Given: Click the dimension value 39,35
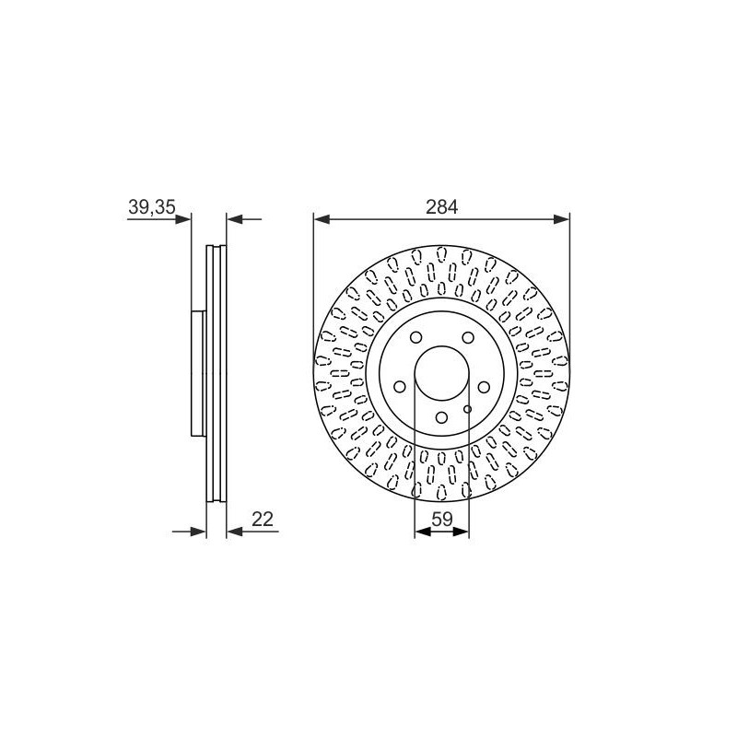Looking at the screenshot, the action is click(x=151, y=206).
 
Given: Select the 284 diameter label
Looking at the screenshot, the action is click(x=441, y=206).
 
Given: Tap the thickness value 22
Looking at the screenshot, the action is click(x=263, y=519).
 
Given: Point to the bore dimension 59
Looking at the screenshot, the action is click(x=442, y=519).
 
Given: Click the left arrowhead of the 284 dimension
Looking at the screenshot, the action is click(x=322, y=219).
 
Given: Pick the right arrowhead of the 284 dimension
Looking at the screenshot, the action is click(x=561, y=219).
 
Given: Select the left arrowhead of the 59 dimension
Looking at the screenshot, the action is click(x=423, y=532).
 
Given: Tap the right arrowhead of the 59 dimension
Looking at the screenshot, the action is click(x=462, y=532).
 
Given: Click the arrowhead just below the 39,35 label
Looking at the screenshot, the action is click(x=183, y=219).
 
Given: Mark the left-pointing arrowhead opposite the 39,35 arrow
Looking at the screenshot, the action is click(x=235, y=219).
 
